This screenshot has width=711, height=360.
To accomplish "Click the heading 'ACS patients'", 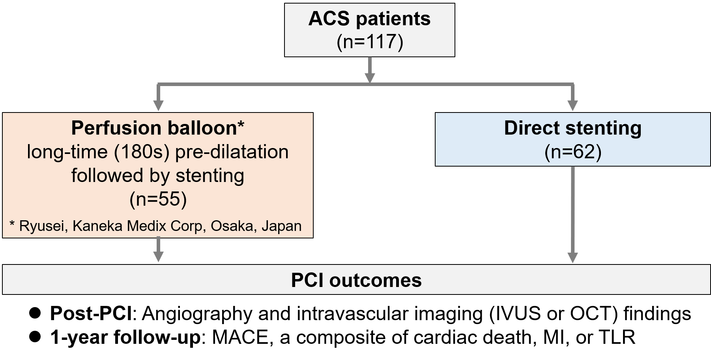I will tap(369, 19).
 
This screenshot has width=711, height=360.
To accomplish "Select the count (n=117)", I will tap(370, 41).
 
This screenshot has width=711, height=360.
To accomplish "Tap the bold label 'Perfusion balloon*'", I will tap(158, 128).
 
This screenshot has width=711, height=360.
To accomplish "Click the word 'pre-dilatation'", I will tap(232, 152).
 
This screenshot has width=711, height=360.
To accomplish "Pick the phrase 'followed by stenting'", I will tap(158, 175).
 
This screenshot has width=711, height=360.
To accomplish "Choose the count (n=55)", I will tap(158, 199).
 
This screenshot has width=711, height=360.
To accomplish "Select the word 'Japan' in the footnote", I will tap(282, 226).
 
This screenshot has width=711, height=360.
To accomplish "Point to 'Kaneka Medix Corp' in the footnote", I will tap(137, 226).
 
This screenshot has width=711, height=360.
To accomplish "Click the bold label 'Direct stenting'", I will tap(573, 128).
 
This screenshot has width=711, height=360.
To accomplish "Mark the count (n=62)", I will tap(573, 152).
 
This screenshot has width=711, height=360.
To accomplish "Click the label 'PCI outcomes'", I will tap(356, 280).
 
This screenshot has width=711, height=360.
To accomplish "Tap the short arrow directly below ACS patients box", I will tap(370, 69).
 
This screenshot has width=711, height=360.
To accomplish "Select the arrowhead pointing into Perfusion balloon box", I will tap(158, 105).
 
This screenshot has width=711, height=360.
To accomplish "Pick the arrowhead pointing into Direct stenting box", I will tap(573, 105).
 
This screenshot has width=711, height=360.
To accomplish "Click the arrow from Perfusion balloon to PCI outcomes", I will tap(158, 250).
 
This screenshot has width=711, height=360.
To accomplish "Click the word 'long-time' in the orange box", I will tap(67, 152).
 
